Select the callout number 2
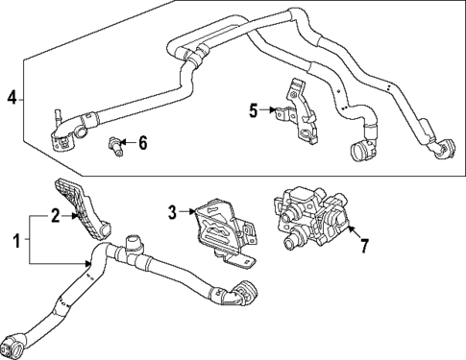point(56,217)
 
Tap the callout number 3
point(172,212)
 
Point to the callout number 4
point(12,97)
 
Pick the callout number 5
point(254,110)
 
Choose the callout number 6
point(143,144)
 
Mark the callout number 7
point(364,246)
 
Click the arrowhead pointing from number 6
point(125,145)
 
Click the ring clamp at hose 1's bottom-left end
point(17,343)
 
